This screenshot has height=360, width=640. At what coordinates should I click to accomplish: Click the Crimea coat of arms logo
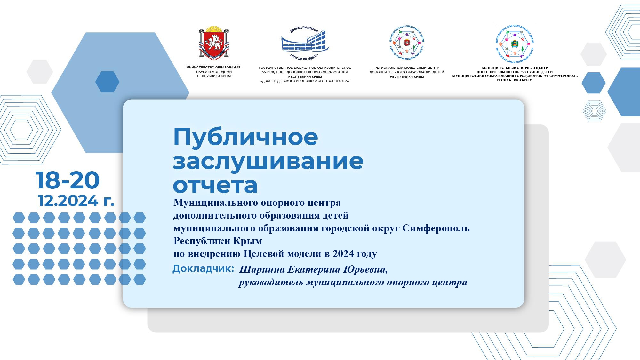point(214,44)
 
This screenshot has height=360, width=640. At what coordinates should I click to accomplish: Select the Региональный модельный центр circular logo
point(407,44)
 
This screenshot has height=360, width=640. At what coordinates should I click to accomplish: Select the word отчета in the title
point(215,185)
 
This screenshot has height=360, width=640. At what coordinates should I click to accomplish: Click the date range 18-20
point(68,180)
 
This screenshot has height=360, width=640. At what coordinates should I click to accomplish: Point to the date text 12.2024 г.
point(76,201)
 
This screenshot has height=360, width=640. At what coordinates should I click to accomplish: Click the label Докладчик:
point(203,269)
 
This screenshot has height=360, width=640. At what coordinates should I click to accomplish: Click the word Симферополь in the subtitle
point(436,228)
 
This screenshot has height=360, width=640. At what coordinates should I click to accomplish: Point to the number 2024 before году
point(343,254)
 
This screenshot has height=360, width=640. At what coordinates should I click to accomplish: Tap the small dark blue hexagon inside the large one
point(107,82)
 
